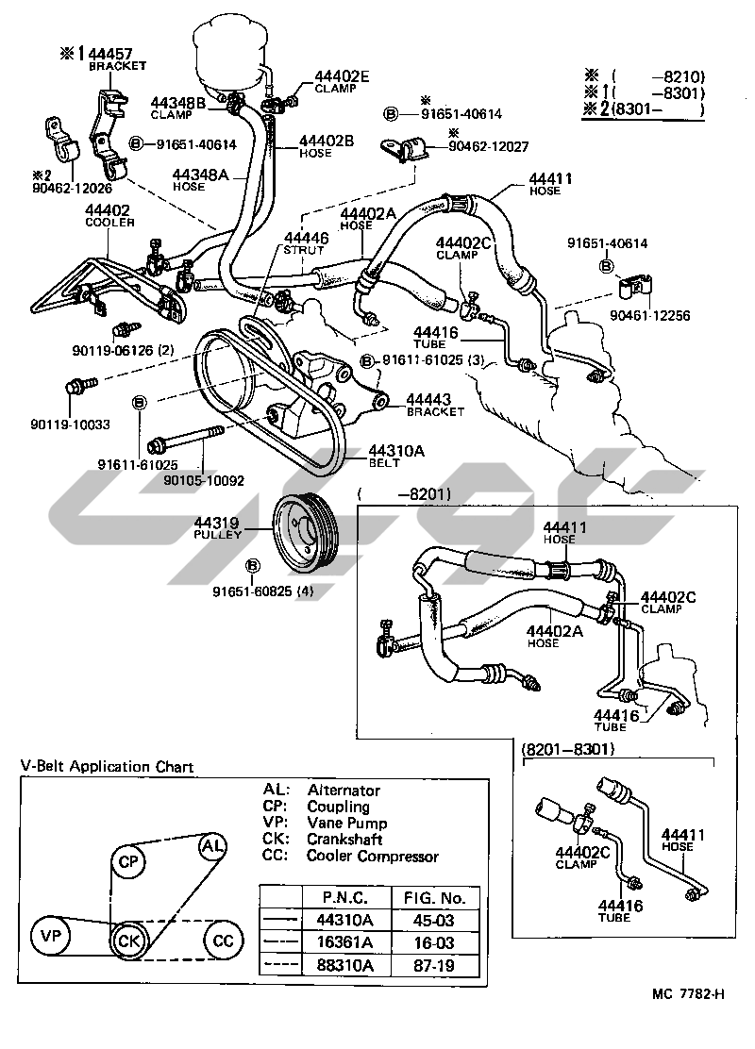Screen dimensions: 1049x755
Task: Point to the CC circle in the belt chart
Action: (223, 941)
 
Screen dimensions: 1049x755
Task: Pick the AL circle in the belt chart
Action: (212, 846)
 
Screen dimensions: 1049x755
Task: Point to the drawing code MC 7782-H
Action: (688, 1020)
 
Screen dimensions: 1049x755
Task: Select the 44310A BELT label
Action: (396, 457)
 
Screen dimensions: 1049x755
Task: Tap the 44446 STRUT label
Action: (304, 243)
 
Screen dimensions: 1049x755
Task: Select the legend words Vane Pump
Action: (346, 824)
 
